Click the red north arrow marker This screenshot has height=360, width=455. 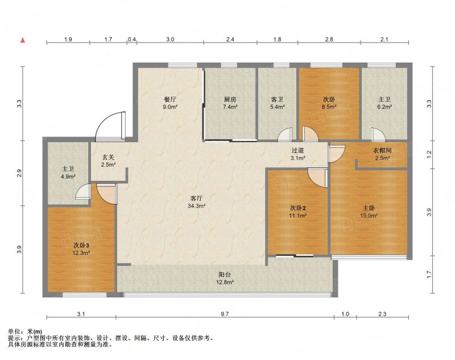(x=23, y=40)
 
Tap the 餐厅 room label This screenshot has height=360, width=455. (x=170, y=103)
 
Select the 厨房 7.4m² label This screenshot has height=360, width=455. (x=230, y=103)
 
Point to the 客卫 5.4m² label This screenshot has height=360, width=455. (x=277, y=103)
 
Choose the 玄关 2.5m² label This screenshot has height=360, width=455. (x=108, y=161)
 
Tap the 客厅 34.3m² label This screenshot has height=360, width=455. (x=196, y=202)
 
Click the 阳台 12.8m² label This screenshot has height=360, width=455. (x=225, y=278)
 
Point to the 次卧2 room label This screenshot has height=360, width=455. (x=298, y=212)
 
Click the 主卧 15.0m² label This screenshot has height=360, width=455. (x=369, y=212)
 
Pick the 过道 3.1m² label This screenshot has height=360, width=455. (x=297, y=154)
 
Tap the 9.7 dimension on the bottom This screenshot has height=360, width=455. (x=225, y=314)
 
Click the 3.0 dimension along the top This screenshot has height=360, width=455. (x=170, y=39)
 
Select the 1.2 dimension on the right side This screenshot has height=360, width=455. (x=429, y=154)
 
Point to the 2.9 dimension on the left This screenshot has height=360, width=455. (x=19, y=173)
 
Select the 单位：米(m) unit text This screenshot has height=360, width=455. (x=25, y=332)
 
